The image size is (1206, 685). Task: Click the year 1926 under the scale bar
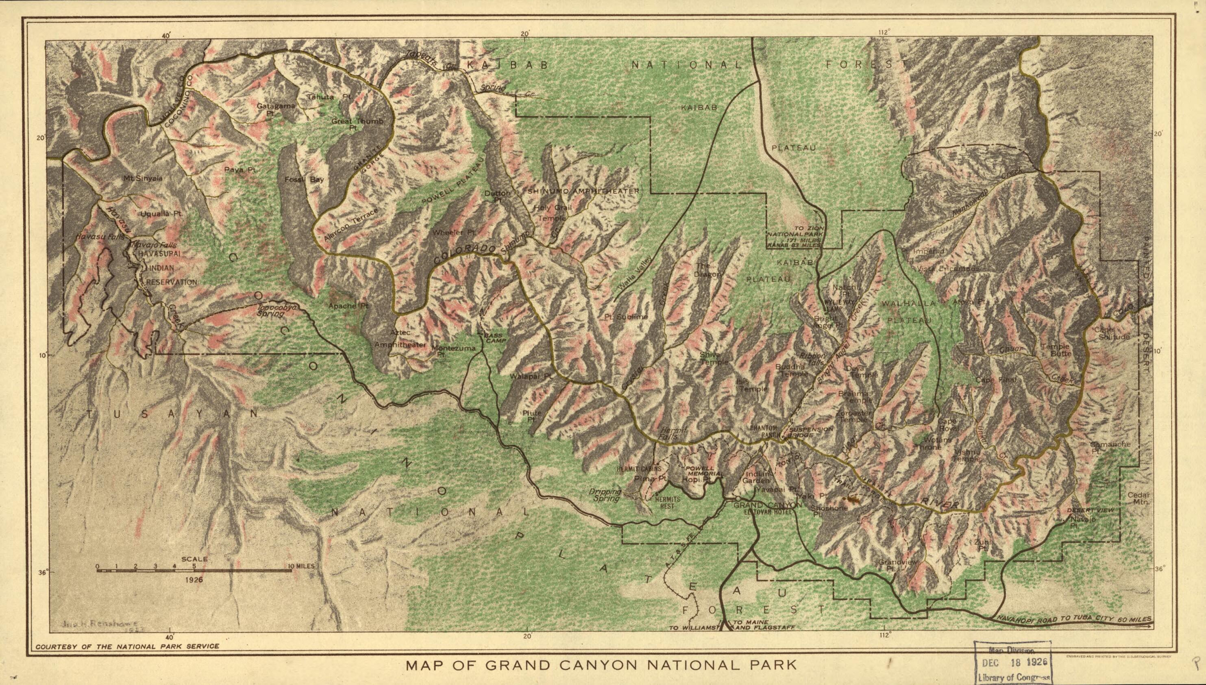(194, 580)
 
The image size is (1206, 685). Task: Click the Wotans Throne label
(927, 443)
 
